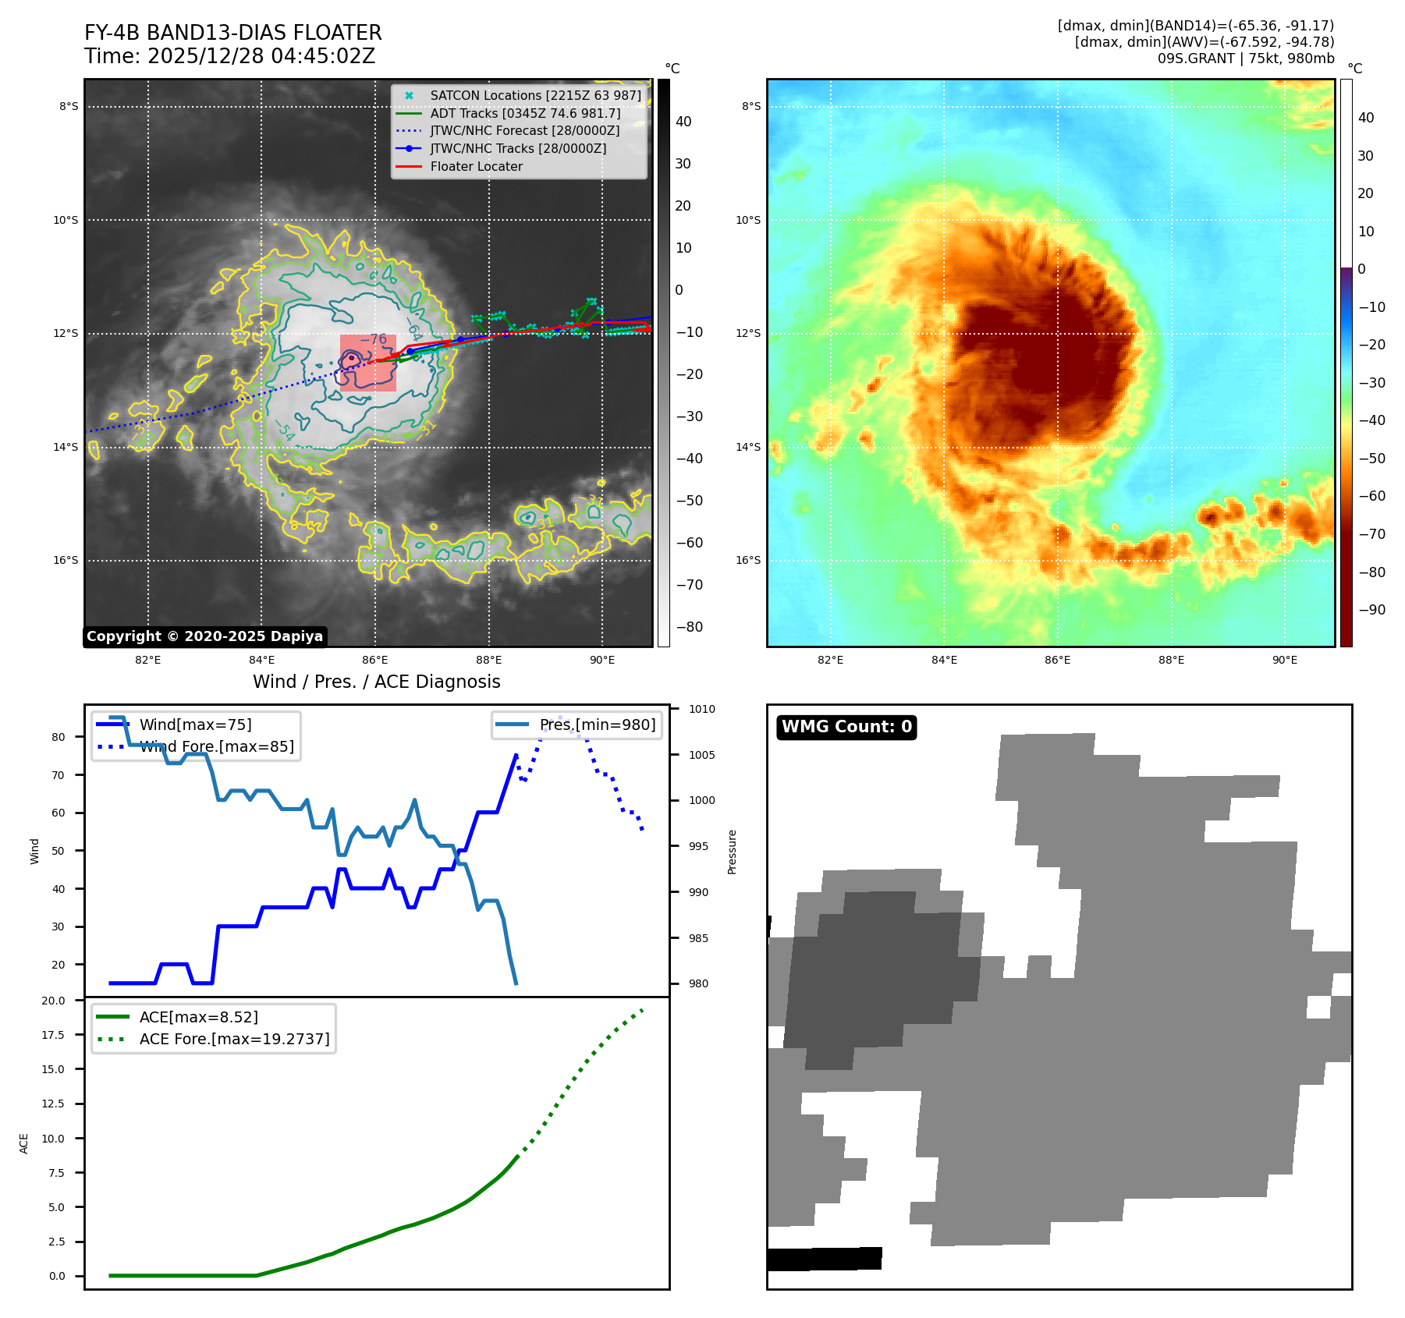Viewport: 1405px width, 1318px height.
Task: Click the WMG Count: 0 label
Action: [846, 727]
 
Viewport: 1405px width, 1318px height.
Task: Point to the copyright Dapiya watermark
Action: [204, 636]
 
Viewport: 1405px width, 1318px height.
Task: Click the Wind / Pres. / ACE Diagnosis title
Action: [376, 682]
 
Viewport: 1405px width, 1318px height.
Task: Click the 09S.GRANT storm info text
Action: [1245, 58]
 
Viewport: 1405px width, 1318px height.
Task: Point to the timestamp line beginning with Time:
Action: [229, 57]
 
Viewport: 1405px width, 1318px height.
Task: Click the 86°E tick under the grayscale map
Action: [375, 661]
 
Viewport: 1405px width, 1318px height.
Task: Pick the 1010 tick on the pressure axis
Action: [702, 710]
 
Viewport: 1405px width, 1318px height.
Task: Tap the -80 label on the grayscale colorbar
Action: [689, 627]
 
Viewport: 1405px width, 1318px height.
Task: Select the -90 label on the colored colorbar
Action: [1371, 610]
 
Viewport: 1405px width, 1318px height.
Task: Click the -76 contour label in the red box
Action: [374, 340]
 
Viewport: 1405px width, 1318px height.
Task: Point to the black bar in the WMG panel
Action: [825, 1259]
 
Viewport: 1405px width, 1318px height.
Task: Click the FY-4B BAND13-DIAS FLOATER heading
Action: [232, 34]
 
